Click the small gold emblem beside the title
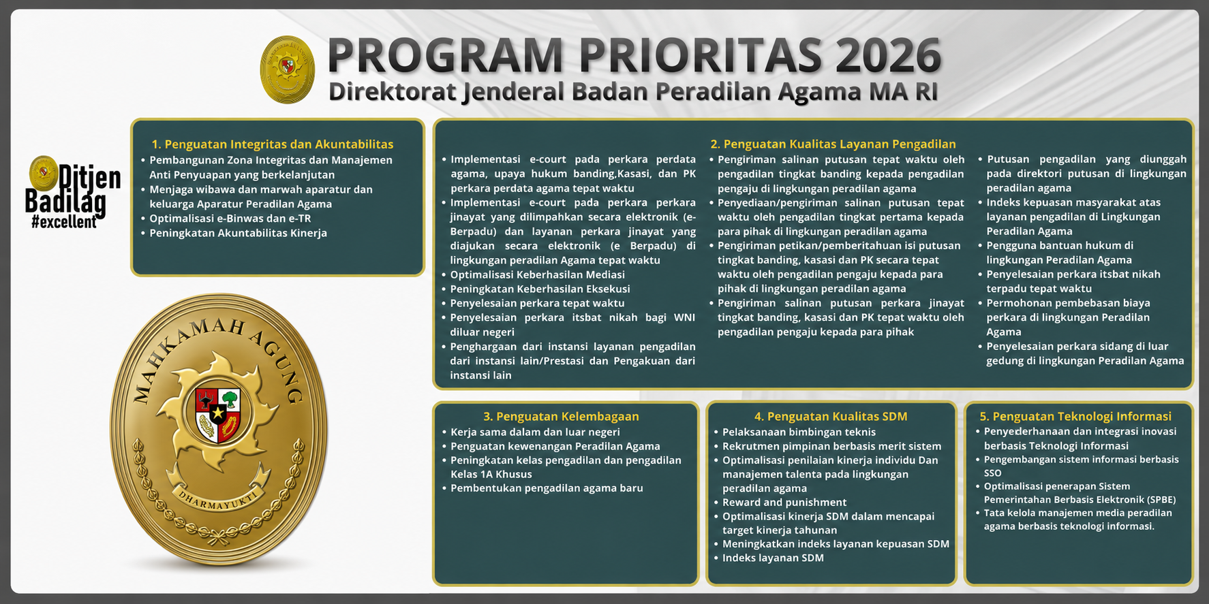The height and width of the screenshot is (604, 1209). click(287, 69)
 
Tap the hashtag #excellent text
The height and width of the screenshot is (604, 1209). click(63, 222)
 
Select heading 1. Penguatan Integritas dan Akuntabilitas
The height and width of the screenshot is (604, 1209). click(273, 144)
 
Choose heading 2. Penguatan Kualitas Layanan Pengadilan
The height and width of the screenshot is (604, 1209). click(833, 144)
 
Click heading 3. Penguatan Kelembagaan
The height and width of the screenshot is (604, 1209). click(561, 416)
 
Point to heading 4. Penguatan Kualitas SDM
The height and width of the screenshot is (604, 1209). click(831, 416)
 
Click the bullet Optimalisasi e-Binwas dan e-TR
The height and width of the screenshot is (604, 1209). click(230, 219)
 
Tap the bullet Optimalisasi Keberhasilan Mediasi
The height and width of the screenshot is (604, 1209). click(537, 274)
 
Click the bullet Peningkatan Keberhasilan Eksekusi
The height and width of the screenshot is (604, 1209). click(540, 289)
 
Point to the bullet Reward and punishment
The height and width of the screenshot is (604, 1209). click(784, 503)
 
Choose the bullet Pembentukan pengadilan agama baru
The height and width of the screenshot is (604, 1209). click(547, 488)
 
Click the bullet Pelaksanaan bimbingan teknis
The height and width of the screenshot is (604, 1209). click(799, 432)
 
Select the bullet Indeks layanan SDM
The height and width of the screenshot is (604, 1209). click(773, 558)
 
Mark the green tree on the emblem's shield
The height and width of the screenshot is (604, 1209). click(230, 398)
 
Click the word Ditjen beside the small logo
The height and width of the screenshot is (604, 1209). click(89, 177)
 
